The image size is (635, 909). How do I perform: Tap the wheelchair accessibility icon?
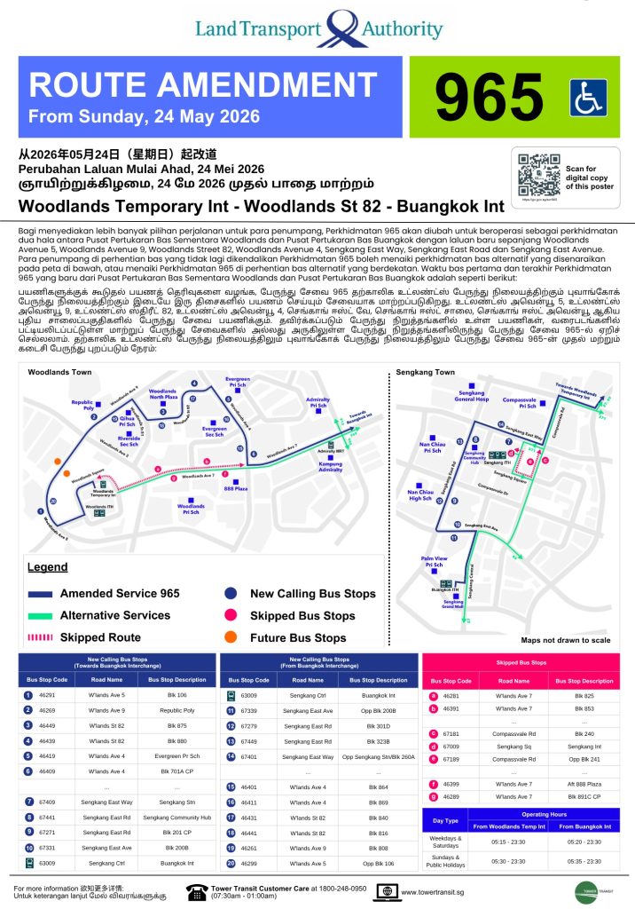tap(588, 97)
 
